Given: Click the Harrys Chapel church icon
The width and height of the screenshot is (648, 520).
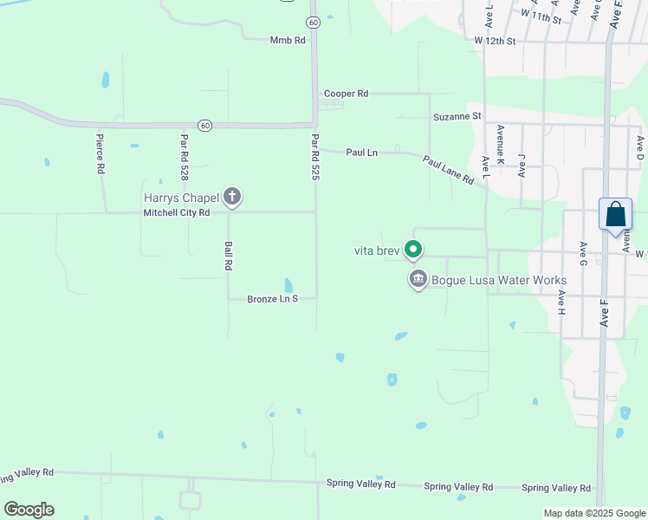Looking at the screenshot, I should [x=231, y=197].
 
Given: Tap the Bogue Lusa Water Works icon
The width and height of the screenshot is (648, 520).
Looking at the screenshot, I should [x=418, y=280].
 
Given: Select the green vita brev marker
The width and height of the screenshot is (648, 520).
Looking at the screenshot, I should [x=414, y=250].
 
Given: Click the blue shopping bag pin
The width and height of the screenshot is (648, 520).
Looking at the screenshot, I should [x=615, y=215].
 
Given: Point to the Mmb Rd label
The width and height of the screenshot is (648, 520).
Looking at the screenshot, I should [x=288, y=40].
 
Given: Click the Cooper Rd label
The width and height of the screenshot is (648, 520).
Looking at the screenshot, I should [x=346, y=94].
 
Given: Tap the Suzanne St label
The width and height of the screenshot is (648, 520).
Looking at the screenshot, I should [x=457, y=115].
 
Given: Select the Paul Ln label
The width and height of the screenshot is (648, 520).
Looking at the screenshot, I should [x=361, y=153].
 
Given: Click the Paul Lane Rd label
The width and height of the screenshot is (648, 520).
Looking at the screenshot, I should [x=448, y=170].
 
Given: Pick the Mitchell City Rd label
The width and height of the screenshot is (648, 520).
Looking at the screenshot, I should [x=177, y=212].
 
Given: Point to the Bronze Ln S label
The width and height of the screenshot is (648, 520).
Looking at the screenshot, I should [x=272, y=298].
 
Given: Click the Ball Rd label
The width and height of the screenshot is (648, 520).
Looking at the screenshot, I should [x=229, y=256].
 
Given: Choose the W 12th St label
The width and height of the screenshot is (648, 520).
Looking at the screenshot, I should [x=495, y=41].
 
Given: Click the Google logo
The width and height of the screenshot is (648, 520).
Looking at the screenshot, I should [x=29, y=510].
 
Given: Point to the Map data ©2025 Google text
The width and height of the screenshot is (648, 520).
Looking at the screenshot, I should [x=593, y=513].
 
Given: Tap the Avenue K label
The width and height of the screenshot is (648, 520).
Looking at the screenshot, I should [x=500, y=139].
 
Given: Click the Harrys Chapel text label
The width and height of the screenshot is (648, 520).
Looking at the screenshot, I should [x=181, y=198].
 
